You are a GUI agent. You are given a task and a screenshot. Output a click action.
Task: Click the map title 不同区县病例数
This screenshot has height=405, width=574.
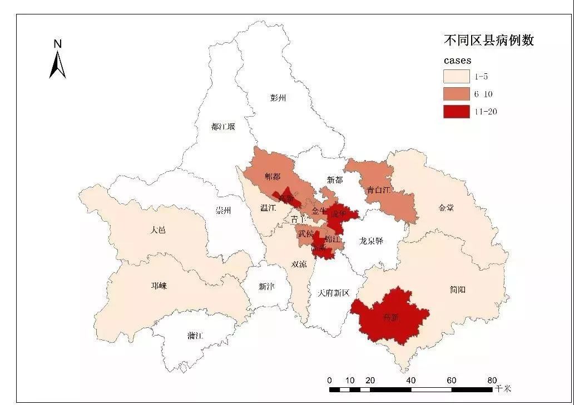488,41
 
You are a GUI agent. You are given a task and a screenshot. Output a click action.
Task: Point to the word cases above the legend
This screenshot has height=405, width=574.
457,60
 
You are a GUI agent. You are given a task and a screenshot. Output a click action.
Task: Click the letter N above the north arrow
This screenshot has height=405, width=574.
57,43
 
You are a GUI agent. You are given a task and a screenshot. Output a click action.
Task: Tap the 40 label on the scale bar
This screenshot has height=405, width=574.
411,381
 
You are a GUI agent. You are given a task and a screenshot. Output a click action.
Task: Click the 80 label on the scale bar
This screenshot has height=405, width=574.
492,381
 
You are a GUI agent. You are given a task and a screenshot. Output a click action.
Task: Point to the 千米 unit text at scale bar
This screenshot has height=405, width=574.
503,388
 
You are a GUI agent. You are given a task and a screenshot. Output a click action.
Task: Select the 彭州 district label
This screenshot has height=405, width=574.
278,98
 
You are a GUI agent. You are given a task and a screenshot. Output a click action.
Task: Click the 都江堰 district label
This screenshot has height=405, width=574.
223,127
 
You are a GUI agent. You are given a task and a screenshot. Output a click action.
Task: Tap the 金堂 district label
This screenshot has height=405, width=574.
446,208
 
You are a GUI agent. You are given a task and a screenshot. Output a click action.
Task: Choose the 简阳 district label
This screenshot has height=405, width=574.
457,289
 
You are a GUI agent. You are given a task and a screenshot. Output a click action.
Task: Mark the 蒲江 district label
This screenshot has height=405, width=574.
195,336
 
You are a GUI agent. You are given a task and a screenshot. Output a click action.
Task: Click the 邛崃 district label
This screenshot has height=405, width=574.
159,286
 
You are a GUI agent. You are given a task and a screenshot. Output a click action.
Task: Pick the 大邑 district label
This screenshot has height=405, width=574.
158,230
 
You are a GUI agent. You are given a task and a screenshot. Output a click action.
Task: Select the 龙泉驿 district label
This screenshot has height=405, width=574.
372,241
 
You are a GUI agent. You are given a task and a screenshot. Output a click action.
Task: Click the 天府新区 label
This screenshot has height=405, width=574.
333,293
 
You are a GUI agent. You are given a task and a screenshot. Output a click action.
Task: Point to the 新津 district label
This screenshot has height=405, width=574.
266,287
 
